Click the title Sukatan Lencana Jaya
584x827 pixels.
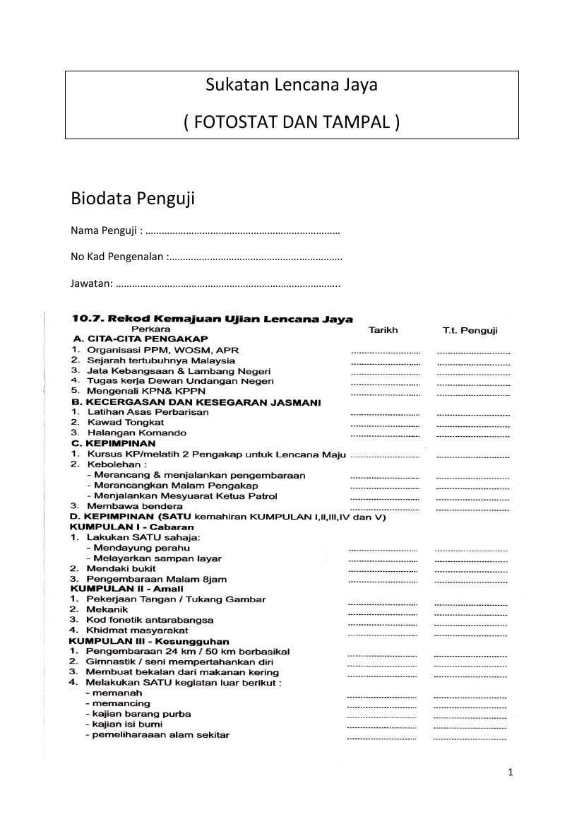tap(292, 86)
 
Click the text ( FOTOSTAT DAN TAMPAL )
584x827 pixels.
tap(292, 122)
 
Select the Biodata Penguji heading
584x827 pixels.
tap(133, 199)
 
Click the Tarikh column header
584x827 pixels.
tap(383, 329)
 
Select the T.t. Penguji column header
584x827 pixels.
tap(470, 330)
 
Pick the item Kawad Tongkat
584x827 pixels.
tap(116, 422)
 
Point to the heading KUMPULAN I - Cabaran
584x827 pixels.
tap(131, 527)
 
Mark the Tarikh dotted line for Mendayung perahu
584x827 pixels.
tap(383, 549)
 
